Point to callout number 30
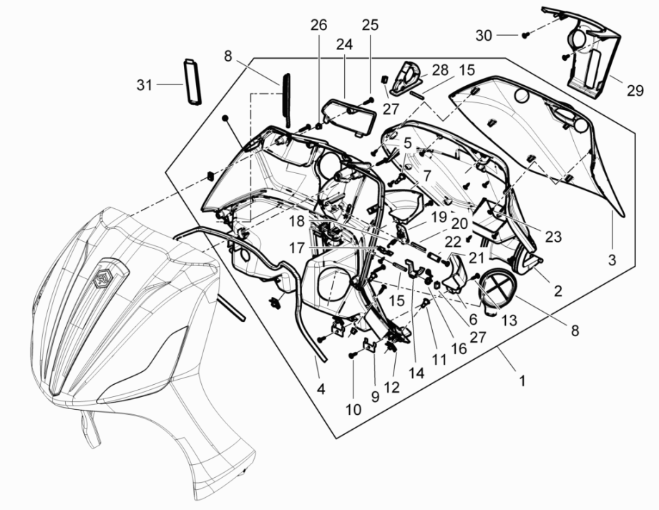(484, 34)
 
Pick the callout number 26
(318, 25)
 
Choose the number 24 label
(345, 44)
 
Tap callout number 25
(369, 25)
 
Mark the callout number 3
(612, 261)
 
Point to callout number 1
(522, 381)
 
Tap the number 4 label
(321, 390)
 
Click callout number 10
(353, 410)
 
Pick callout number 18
(296, 222)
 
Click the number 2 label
(557, 291)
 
